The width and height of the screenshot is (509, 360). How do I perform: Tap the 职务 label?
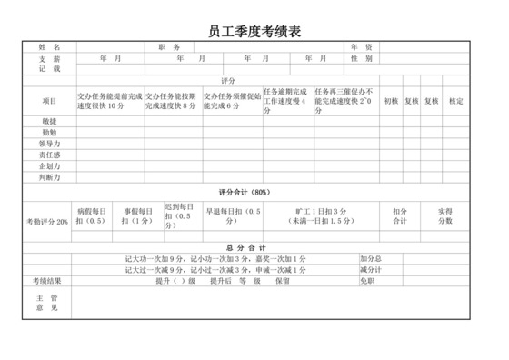(169, 46)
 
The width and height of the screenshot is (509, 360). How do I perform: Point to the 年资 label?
(361, 46)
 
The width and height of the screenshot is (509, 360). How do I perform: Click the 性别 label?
(361, 58)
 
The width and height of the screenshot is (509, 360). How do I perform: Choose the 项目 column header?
(49, 101)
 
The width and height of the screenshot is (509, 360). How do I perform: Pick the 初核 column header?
(390, 101)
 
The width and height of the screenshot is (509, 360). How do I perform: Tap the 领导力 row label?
(49, 144)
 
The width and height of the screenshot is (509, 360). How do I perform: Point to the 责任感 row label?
(49, 155)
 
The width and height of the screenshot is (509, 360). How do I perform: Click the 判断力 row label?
(49, 178)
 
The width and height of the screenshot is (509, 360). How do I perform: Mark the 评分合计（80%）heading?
(245, 193)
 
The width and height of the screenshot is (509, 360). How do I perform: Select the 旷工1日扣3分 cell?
(321, 216)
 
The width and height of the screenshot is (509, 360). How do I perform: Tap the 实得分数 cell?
(444, 216)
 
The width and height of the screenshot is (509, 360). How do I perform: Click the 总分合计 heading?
(245, 247)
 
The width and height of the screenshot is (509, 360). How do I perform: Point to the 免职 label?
(368, 281)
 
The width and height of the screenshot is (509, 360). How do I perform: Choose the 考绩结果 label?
(49, 281)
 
